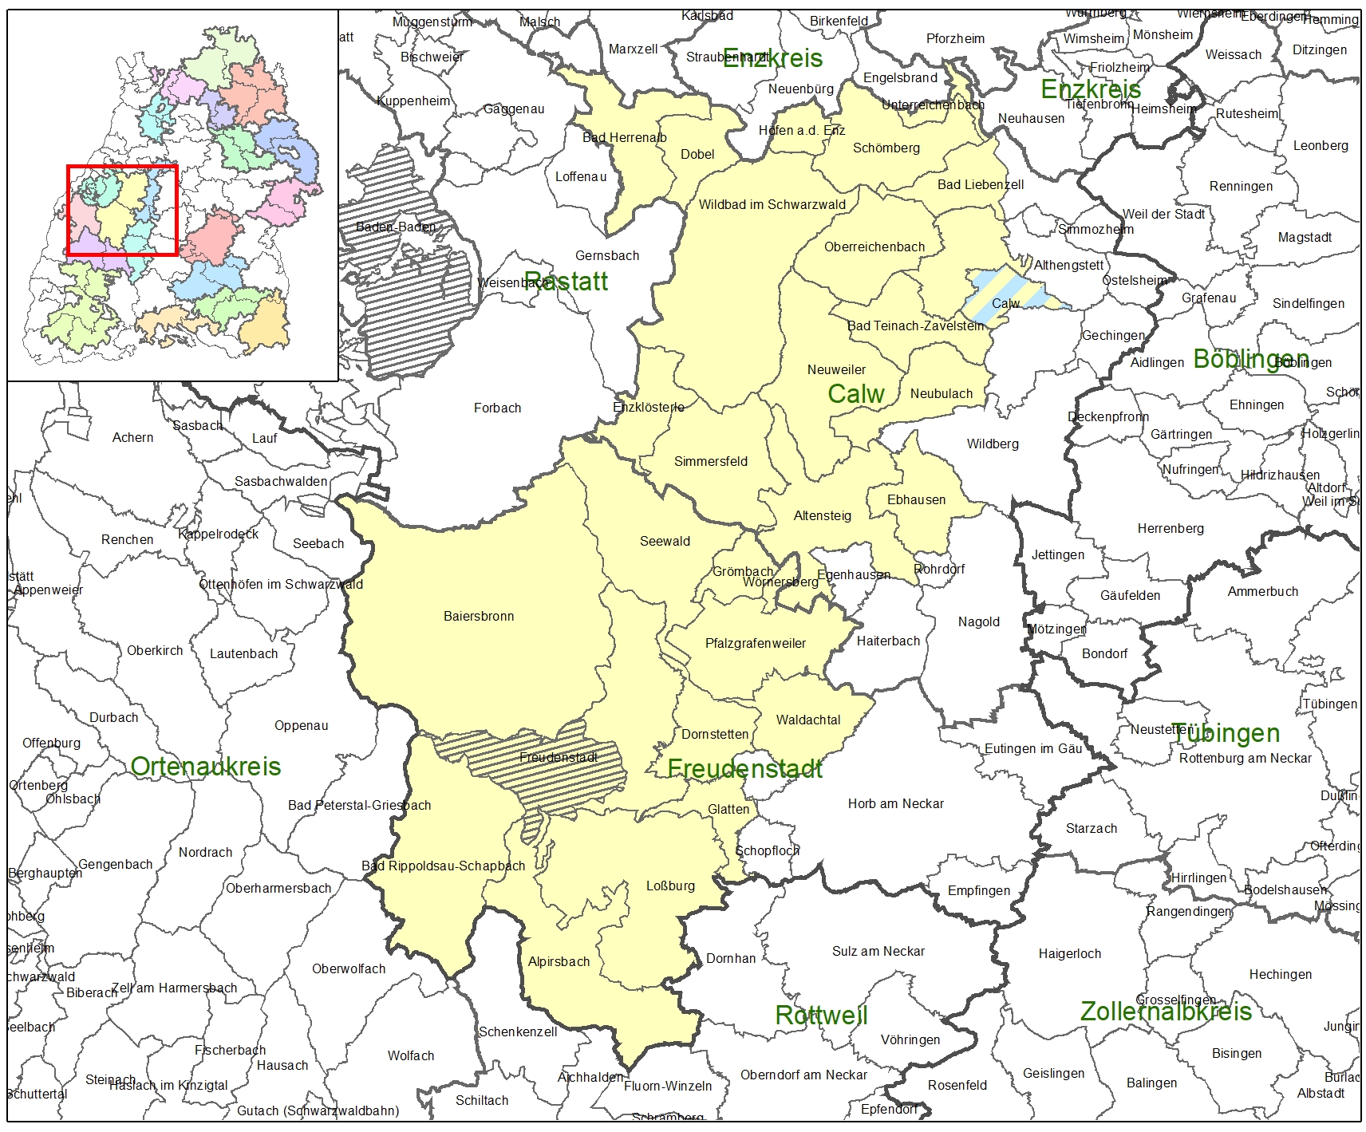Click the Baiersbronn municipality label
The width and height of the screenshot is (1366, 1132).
pyautogui.click(x=479, y=616)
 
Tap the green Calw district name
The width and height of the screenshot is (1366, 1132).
pyautogui.click(x=855, y=393)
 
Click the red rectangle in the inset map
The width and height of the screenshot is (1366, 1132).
pyautogui.click(x=122, y=168)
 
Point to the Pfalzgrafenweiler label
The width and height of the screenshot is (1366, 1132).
pyautogui.click(x=755, y=643)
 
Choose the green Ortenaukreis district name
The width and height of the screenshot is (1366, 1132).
pyautogui.click(x=205, y=767)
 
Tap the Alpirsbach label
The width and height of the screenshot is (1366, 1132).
pyautogui.click(x=559, y=961)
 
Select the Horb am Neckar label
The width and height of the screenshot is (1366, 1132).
pyautogui.click(x=895, y=803)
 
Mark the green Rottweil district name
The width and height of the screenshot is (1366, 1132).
pyautogui.click(x=821, y=1015)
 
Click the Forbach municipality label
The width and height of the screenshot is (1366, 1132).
pyautogui.click(x=497, y=408)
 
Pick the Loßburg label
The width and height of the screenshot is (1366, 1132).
pyautogui.click(x=670, y=885)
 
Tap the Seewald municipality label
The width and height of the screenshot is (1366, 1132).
pyautogui.click(x=665, y=541)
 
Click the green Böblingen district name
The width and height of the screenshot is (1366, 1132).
pyautogui.click(x=1250, y=359)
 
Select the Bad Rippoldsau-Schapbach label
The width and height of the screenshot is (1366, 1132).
pyautogui.click(x=444, y=866)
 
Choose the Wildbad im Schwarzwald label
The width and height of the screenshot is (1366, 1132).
pyautogui.click(x=772, y=204)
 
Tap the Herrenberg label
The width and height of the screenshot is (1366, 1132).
pyautogui.click(x=1171, y=528)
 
